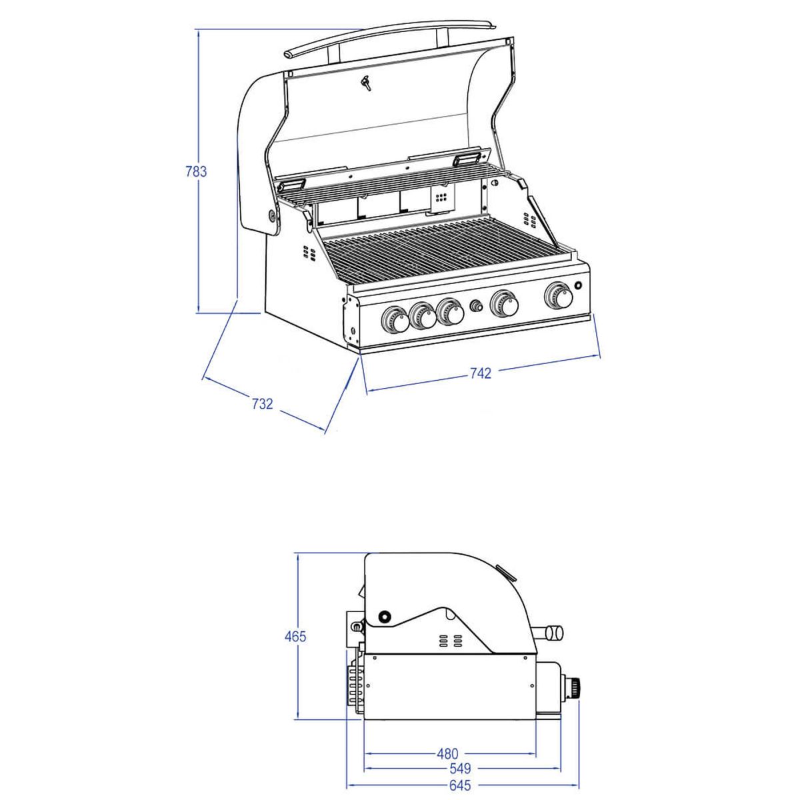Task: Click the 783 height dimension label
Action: click(196, 171)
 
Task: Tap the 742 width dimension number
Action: click(480, 373)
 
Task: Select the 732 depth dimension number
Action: click(263, 403)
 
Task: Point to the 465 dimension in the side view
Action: click(295, 636)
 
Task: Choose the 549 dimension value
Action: click(461, 757)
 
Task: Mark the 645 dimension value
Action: click(461, 774)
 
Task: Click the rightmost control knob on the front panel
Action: click(559, 295)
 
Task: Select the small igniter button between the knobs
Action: click(476, 307)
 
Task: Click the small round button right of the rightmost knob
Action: click(578, 286)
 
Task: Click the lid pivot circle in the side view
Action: click(385, 615)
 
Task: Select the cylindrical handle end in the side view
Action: click(554, 633)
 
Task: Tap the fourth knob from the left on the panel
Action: click(504, 303)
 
